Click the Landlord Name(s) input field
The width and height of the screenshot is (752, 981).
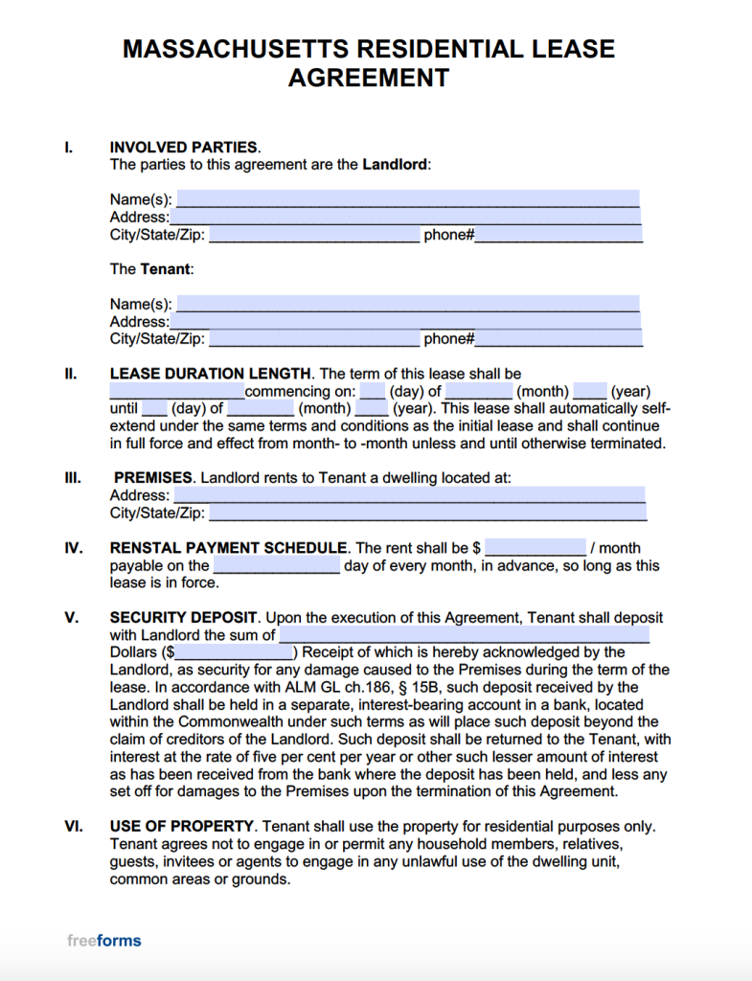pyautogui.click(x=408, y=199)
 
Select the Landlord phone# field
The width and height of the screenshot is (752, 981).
pyautogui.click(x=558, y=234)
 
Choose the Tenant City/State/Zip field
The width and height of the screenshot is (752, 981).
pyautogui.click(x=314, y=338)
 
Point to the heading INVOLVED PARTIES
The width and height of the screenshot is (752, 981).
pyautogui.click(x=184, y=148)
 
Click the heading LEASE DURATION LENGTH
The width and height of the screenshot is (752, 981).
pyautogui.click(x=211, y=374)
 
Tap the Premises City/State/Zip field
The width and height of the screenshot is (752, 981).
pyautogui.click(x=427, y=513)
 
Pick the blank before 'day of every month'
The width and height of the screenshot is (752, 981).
pyautogui.click(x=276, y=565)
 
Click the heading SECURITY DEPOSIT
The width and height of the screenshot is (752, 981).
pyautogui.click(x=184, y=618)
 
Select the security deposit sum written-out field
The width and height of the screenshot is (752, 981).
pyautogui.click(x=465, y=635)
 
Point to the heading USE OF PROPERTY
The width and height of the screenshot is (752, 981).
pyautogui.click(x=182, y=826)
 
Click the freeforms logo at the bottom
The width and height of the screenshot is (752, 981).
pyautogui.click(x=104, y=940)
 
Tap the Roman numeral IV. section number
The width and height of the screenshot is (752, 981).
pyautogui.click(x=72, y=548)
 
